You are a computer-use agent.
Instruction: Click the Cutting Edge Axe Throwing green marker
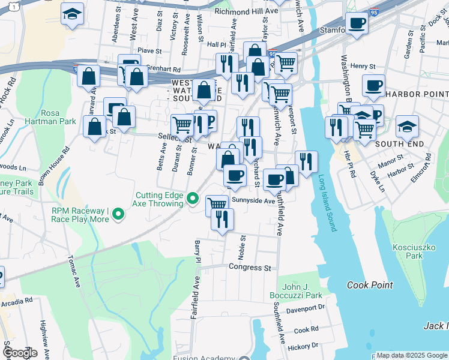coord(193,197)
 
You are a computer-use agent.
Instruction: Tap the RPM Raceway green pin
coord(118,214)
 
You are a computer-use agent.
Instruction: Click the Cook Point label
coord(370,285)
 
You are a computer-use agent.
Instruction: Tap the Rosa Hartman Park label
coord(58,117)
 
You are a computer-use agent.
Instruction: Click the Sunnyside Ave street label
coord(253,201)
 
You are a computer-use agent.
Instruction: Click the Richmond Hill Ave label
coord(255,11)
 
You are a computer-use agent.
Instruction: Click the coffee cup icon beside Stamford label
coord(358,25)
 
